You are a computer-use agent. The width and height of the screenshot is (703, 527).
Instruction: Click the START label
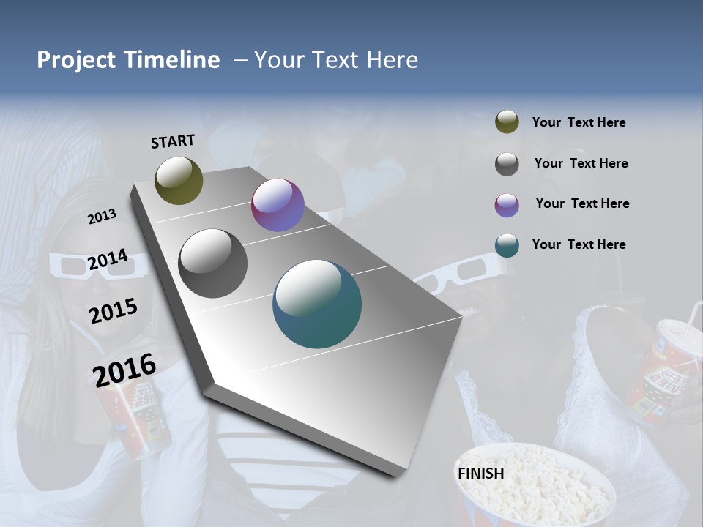(x=173, y=141)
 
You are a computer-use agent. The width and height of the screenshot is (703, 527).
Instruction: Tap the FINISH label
(x=480, y=473)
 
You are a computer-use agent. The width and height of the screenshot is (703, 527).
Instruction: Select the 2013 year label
(x=102, y=216)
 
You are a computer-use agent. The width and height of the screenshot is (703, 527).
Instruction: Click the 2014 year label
(x=108, y=259)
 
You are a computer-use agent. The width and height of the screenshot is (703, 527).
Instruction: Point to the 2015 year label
(x=113, y=311)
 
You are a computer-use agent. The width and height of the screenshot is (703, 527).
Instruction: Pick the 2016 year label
(x=124, y=370)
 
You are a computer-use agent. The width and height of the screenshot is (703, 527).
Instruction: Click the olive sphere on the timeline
(x=179, y=180)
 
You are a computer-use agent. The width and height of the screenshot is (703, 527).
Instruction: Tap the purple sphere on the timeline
(x=278, y=205)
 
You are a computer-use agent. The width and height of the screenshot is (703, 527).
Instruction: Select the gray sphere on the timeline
(x=212, y=263)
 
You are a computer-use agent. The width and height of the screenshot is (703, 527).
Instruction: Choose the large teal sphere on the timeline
(x=317, y=304)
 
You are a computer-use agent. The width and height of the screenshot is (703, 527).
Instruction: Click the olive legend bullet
(x=507, y=122)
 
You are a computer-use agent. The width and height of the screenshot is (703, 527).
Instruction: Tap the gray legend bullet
(x=507, y=164)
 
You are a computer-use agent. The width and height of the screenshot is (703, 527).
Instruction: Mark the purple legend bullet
(x=507, y=205)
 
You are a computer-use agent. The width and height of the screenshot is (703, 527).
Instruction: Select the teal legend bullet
(x=507, y=245)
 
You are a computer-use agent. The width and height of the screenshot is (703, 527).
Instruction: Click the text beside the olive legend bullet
(x=579, y=122)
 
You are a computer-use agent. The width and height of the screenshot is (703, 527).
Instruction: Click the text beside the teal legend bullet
(x=579, y=244)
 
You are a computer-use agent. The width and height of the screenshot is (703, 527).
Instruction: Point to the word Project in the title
(x=75, y=60)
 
